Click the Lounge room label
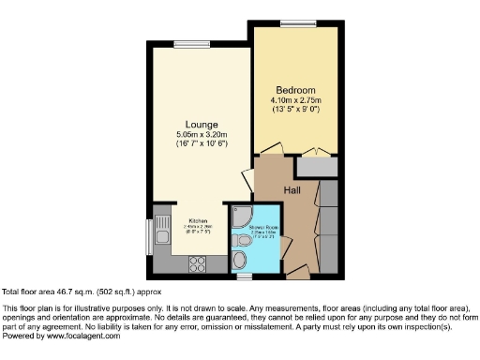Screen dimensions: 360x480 tap(202, 125)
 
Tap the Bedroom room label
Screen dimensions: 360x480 tap(295, 90)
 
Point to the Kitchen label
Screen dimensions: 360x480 tap(197, 220)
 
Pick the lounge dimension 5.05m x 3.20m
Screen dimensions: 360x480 tap(202, 135)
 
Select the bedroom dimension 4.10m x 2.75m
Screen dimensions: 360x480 tap(295, 100)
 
